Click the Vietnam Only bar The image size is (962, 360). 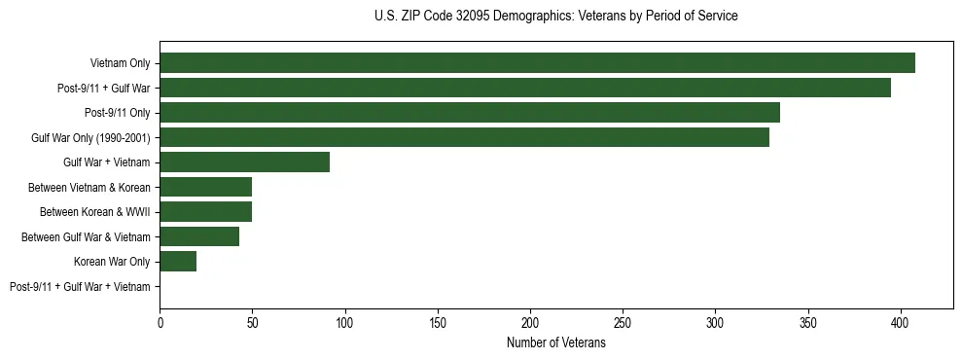(x=537, y=63)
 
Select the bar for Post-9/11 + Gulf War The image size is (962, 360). (x=525, y=88)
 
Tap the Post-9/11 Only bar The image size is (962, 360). (x=470, y=113)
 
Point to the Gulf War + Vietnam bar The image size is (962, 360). (x=245, y=162)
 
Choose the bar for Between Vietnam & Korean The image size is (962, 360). (x=206, y=187)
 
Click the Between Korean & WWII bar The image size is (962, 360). (x=206, y=212)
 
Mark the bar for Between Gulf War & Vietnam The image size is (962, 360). (x=199, y=236)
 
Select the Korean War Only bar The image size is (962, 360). (x=178, y=262)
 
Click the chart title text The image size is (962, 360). (x=555, y=17)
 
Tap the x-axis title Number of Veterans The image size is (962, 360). (x=555, y=343)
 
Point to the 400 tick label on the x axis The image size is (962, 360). (x=901, y=322)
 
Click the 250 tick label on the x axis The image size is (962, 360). (x=624, y=322)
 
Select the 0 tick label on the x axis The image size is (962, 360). (x=160, y=322)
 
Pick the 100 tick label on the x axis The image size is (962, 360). (x=345, y=322)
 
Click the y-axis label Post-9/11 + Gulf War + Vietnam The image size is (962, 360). (x=80, y=287)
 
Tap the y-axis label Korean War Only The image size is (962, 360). (x=112, y=262)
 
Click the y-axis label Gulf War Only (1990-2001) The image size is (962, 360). (x=90, y=137)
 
